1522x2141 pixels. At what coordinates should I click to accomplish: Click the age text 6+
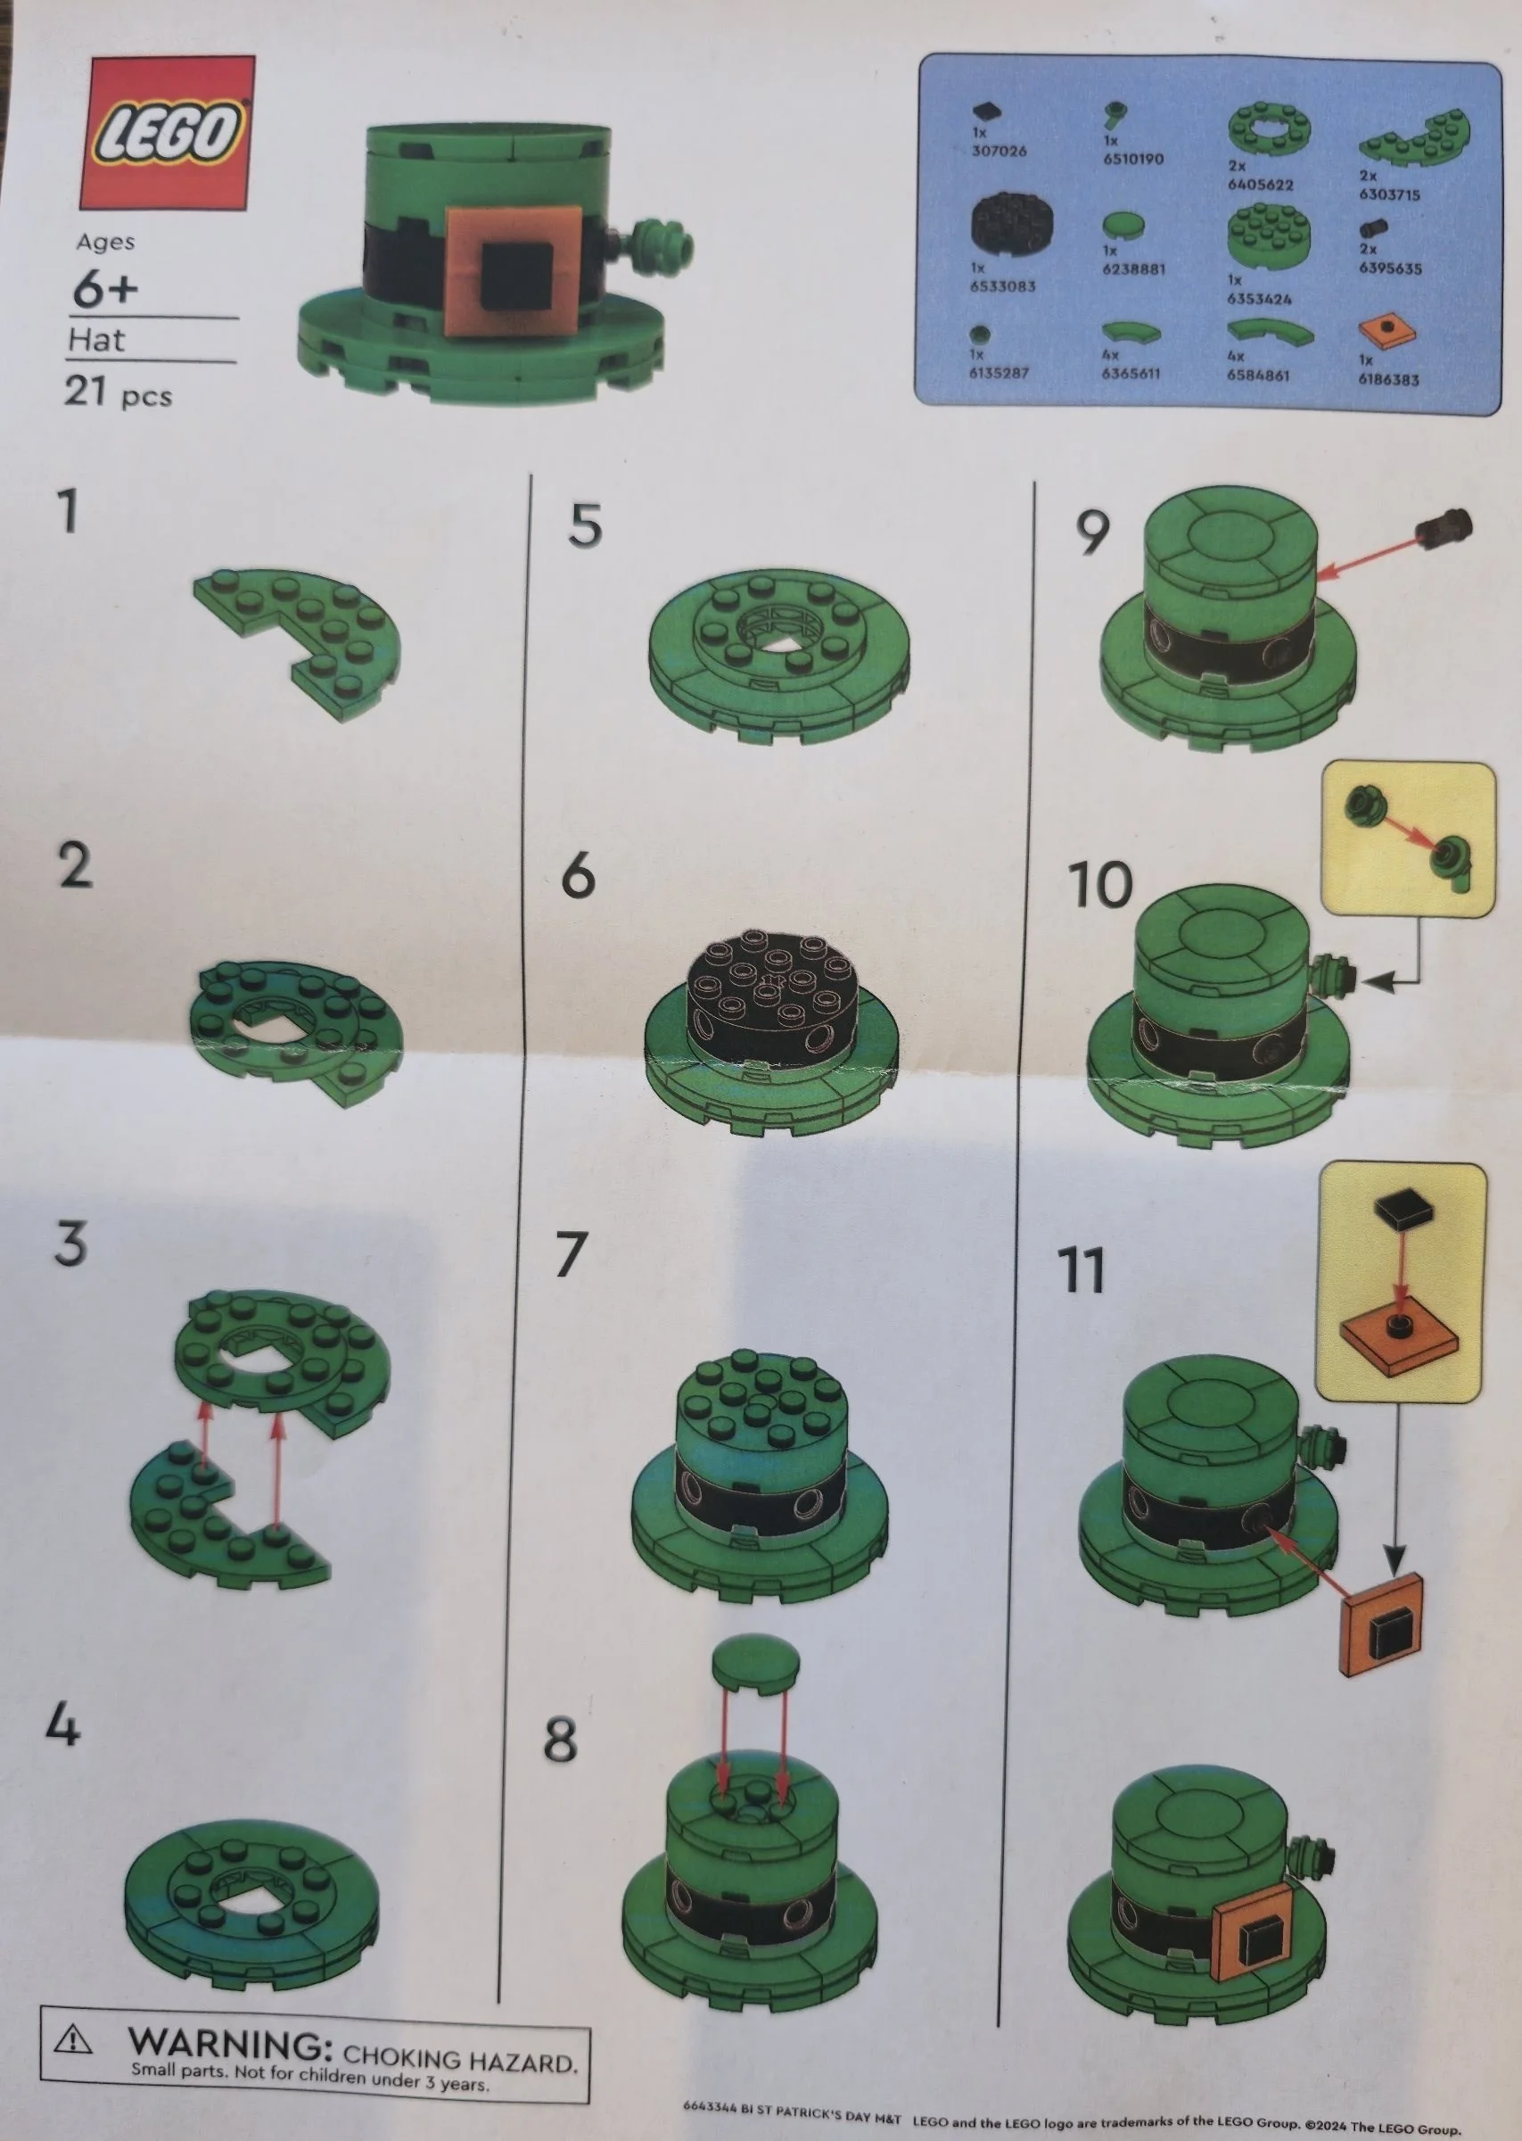[104, 289]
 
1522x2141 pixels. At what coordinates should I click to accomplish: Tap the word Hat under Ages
[95, 339]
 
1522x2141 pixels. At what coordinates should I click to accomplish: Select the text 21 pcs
[117, 391]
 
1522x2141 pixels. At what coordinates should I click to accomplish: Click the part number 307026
[998, 150]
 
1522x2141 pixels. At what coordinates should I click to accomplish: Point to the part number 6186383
[1388, 380]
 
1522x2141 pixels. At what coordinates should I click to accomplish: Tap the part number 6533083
[1002, 285]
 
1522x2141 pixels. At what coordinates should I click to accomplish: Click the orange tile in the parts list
[1386, 331]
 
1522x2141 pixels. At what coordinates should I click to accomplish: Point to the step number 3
[70, 1244]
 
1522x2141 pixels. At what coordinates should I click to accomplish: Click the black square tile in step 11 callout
[1402, 1212]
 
